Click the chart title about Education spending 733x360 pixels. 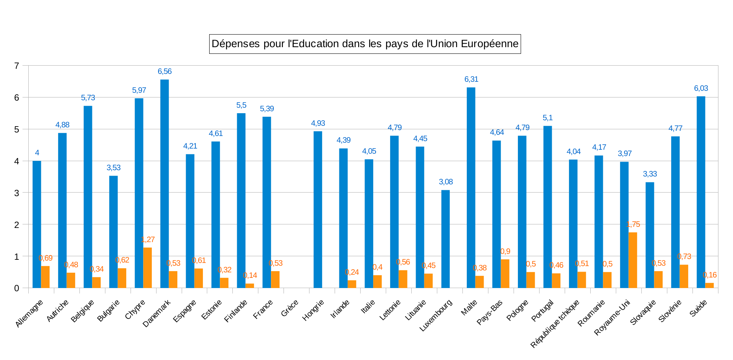pos(365,44)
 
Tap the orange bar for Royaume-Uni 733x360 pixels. pos(633,260)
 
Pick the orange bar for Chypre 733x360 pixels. pos(147,268)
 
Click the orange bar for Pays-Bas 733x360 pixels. pos(505,274)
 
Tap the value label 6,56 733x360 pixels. pos(165,72)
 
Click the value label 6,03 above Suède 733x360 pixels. pos(701,88)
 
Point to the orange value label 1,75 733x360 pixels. pos(633,224)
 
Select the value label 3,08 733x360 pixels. pos(446,182)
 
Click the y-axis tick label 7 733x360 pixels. pos(17,66)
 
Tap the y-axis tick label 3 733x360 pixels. pos(17,193)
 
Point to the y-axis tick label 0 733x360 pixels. pos(17,288)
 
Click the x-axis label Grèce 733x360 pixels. pos(290,308)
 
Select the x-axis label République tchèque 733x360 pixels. pos(555,323)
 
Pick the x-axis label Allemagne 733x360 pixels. pos(29,313)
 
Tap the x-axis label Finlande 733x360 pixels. pos(236,310)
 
